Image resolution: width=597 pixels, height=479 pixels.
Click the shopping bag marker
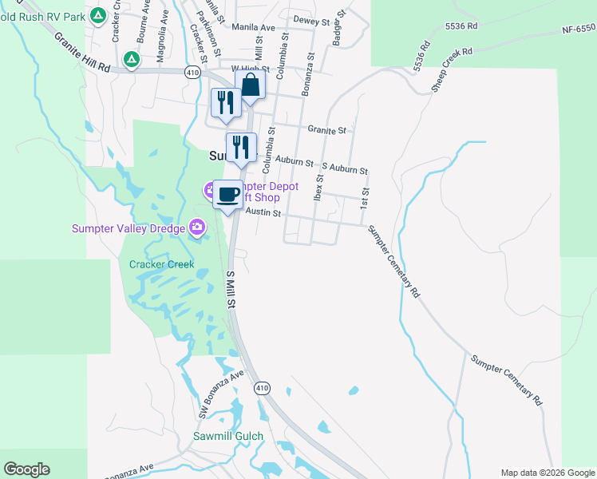pos(251,86)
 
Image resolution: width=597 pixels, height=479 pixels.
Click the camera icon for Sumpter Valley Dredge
pos(196,229)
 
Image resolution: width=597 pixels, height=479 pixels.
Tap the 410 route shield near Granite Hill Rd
pos(192,72)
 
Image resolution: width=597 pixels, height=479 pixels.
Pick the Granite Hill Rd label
pos(82,52)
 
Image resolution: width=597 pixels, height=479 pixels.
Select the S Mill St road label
pos(231,289)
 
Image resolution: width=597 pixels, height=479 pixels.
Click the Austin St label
pos(263,213)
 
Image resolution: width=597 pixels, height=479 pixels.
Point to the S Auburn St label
pos(344,170)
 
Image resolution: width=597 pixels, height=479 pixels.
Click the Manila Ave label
pos(253,27)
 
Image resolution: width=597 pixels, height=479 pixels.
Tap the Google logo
pos(26,469)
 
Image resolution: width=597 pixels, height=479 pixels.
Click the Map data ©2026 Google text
pos(547,472)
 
